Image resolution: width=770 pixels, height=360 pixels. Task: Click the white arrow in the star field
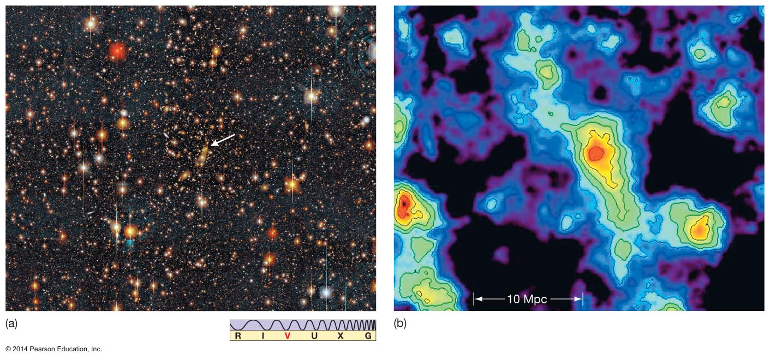coord(223,140)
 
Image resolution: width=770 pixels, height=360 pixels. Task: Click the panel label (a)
coord(11,323)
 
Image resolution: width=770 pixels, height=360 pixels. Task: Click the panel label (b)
coord(400,323)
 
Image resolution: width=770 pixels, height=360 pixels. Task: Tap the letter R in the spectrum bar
coord(238,336)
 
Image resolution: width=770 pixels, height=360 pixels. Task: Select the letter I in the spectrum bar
coord(262,336)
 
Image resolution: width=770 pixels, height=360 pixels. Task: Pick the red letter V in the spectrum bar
coord(288,336)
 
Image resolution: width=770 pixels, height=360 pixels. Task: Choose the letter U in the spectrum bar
coord(314,336)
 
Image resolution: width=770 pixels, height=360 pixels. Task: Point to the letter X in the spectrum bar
coord(340,336)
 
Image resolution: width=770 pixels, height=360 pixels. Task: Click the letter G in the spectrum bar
coord(368,336)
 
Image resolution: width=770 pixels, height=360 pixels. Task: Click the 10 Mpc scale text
coord(527,299)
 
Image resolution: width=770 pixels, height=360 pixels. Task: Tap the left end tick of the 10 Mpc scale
coord(474,299)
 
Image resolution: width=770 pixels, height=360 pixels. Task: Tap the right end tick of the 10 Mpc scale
coord(583,299)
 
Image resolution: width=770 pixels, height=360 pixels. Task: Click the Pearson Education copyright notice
coord(53,349)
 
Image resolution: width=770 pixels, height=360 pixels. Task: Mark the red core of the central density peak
coord(594,153)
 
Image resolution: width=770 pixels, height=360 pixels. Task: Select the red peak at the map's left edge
coord(404,205)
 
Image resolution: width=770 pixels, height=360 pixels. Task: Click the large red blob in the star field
coord(117,51)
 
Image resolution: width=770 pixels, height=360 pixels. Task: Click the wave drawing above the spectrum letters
coord(303,325)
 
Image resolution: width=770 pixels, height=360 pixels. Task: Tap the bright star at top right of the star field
coord(335,10)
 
